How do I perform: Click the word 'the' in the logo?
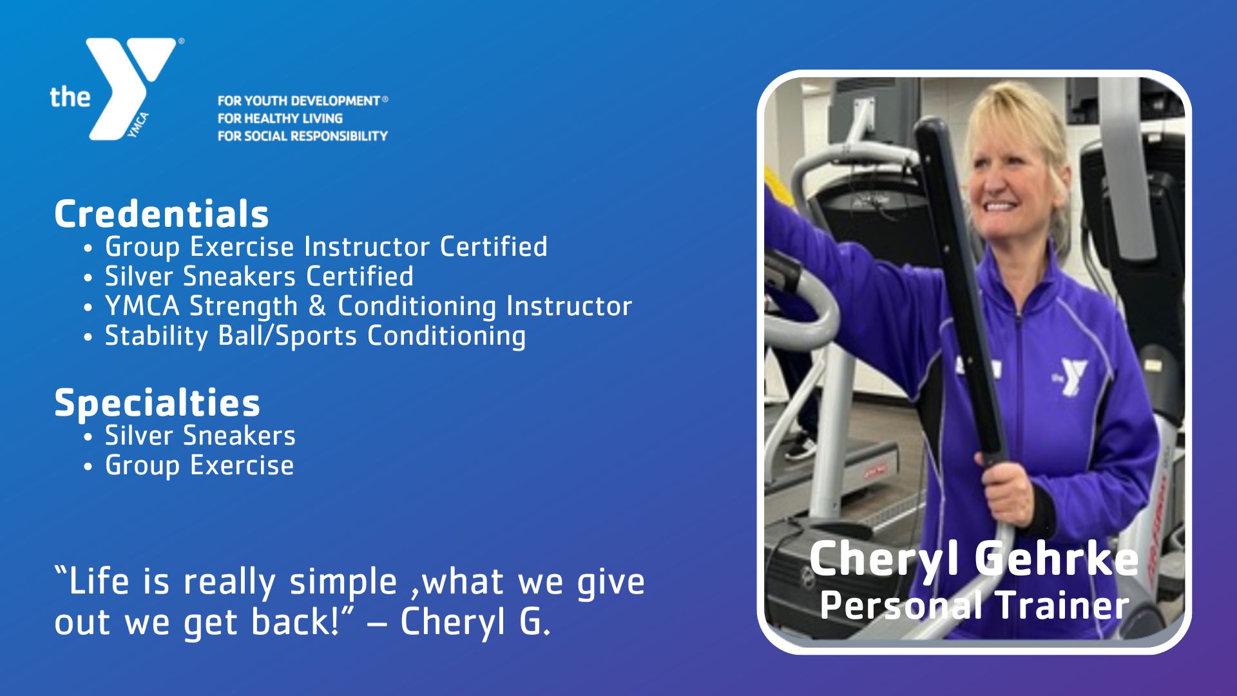point(70,97)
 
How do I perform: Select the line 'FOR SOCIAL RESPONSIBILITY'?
point(302,136)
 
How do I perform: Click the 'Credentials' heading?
point(161,214)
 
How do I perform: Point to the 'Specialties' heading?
point(157,403)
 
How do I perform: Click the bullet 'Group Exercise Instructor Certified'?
point(326,247)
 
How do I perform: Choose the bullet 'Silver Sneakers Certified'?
point(259,276)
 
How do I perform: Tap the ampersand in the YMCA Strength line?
point(317,306)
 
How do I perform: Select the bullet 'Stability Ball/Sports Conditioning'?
point(315,336)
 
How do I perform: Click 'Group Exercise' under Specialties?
point(199,465)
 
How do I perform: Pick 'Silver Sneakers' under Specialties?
point(200,436)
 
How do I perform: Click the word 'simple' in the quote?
point(343,582)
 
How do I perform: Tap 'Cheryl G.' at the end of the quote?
point(475,621)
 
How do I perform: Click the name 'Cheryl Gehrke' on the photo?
point(973,559)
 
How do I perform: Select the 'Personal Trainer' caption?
point(974,605)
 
